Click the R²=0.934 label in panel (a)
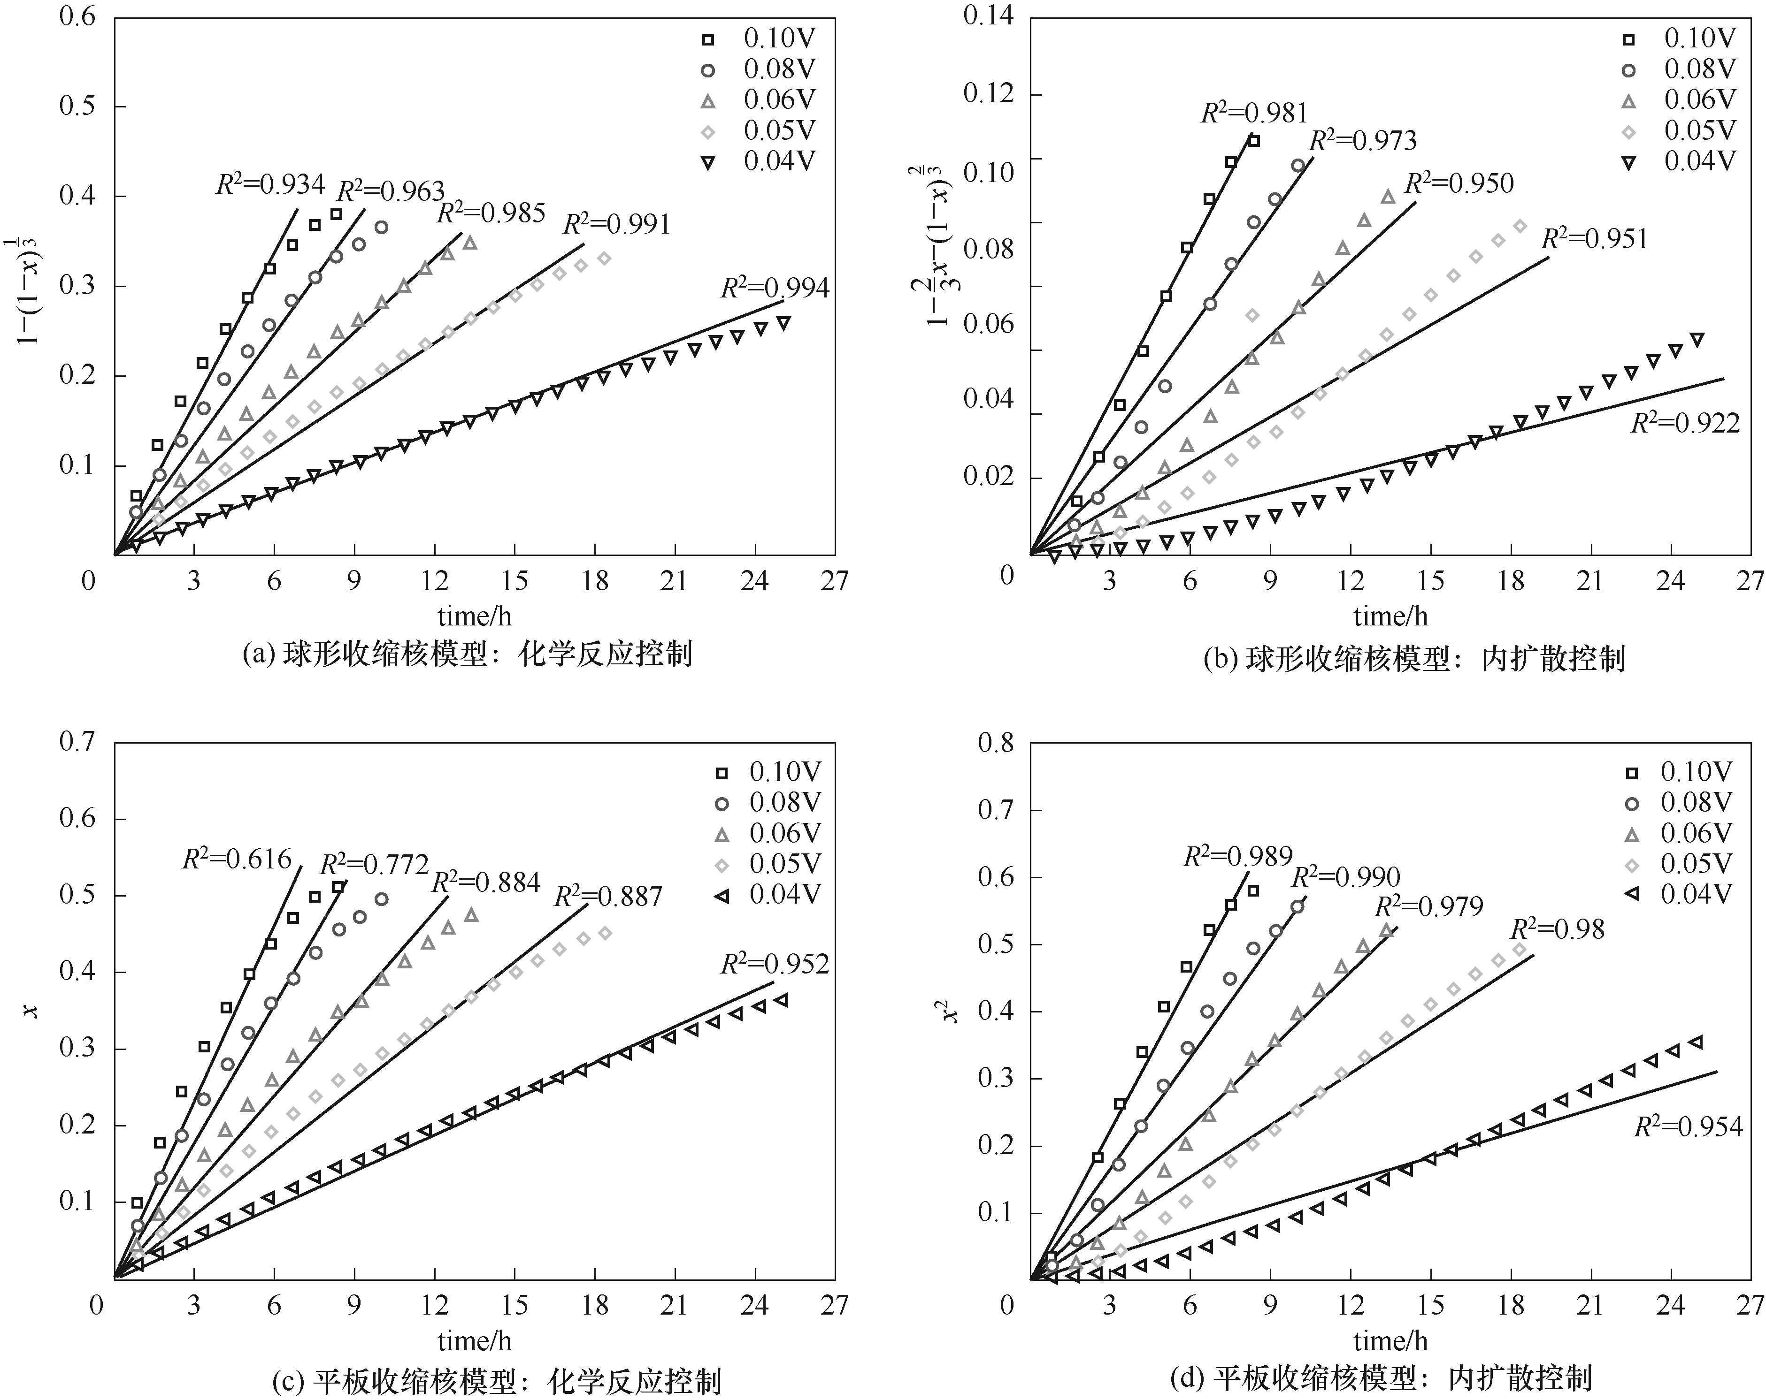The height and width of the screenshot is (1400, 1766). tap(270, 184)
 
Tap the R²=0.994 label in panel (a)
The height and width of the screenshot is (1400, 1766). tap(775, 288)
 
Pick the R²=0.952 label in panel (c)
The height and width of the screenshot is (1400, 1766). tap(775, 964)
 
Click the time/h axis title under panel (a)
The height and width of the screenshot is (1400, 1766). tap(474, 615)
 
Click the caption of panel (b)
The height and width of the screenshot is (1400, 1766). tap(1414, 658)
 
